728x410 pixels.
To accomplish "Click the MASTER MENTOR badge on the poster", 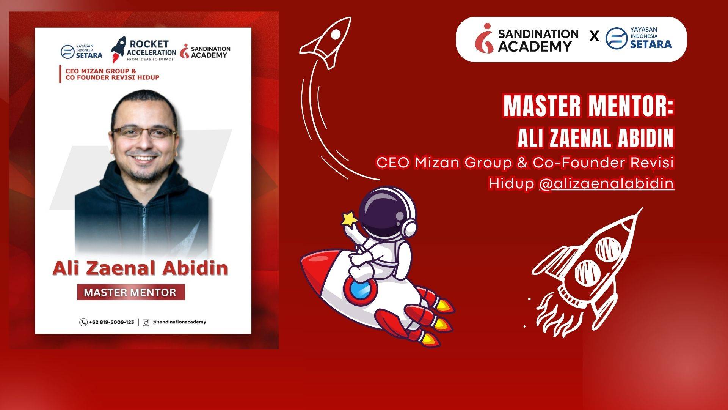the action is tap(131, 292).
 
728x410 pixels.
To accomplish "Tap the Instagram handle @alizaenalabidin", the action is tap(606, 183).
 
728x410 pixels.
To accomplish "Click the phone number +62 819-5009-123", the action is tap(111, 322).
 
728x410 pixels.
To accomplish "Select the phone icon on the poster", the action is tap(83, 322).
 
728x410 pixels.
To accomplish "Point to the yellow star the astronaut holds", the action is tap(350, 219).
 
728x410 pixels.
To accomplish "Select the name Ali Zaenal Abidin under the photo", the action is tap(140, 268).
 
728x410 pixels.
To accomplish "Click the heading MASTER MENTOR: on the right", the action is tap(588, 106).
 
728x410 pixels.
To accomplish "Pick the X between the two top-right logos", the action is tap(594, 37).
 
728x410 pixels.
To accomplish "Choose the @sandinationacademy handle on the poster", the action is tap(179, 322).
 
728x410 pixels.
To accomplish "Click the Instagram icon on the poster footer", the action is tap(146, 323).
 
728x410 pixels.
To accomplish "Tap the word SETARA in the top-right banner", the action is tap(651, 44).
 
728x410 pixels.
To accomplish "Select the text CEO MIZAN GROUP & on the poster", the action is tap(101, 71).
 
